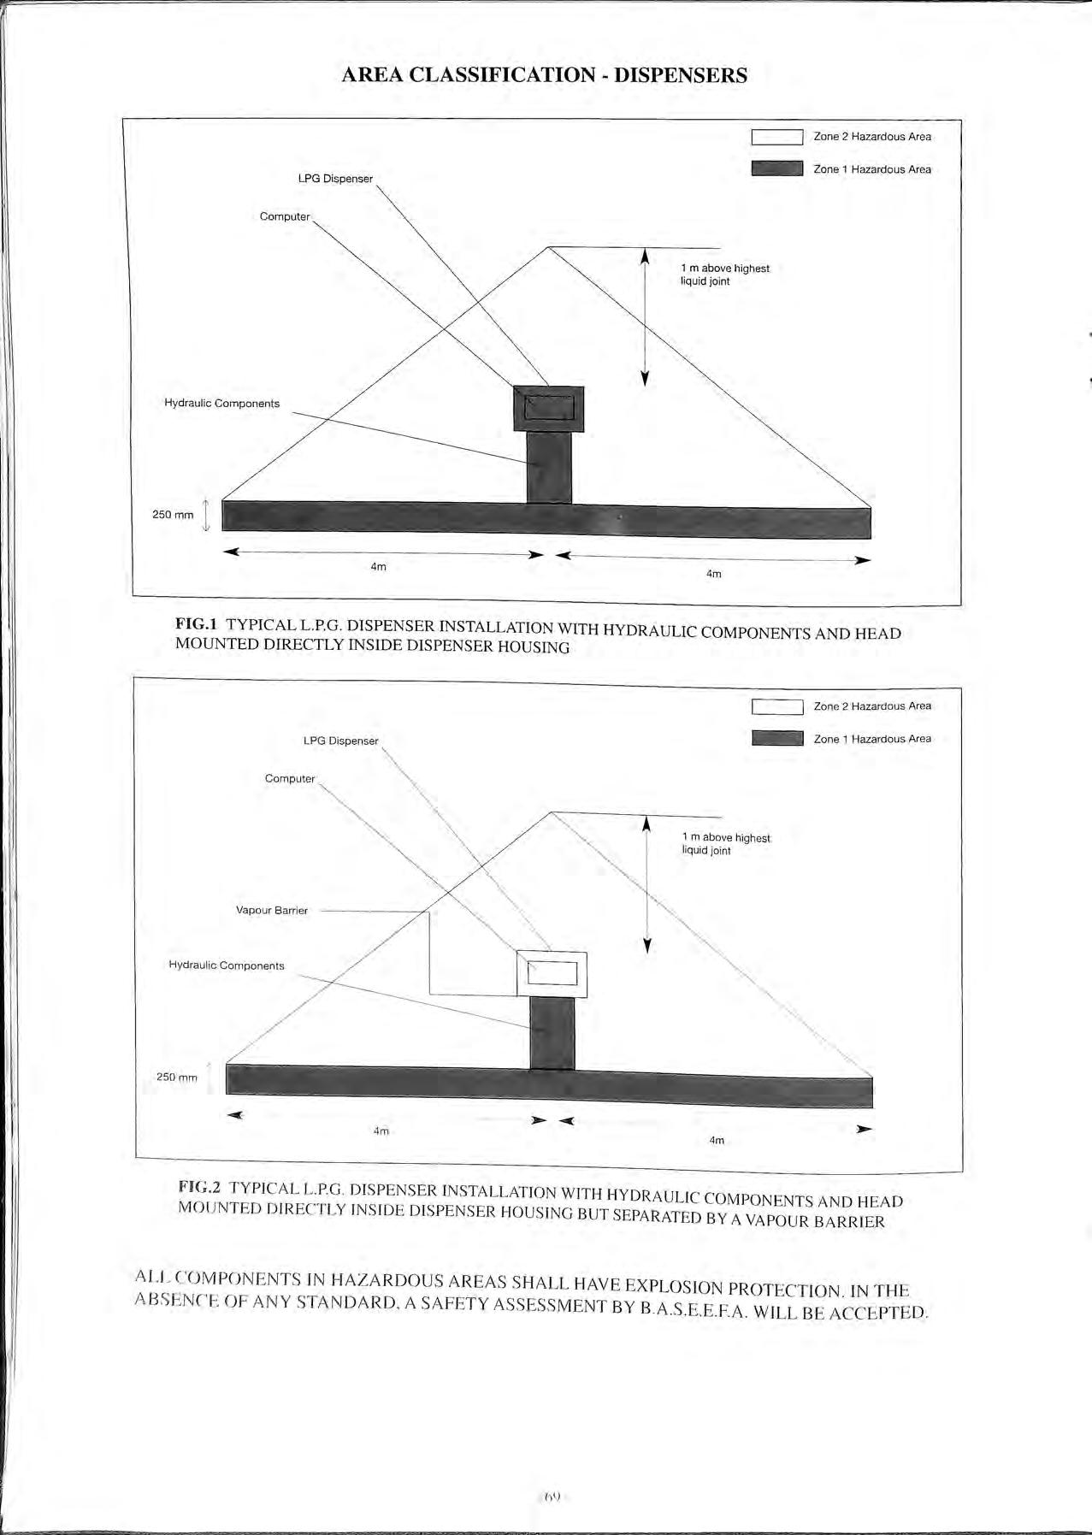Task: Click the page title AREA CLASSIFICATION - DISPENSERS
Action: [x=544, y=75]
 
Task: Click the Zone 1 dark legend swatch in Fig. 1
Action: [x=776, y=168]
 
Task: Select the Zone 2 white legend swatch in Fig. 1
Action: [x=776, y=137]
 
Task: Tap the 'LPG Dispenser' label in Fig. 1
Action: [x=335, y=179]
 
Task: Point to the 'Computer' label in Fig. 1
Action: [x=285, y=216]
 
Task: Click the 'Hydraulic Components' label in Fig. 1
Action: [x=221, y=404]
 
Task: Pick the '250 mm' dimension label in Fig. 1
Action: [x=173, y=515]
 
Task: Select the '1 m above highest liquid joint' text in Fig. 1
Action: [x=724, y=275]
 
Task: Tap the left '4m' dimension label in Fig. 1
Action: [x=378, y=567]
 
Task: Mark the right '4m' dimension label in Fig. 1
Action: [x=713, y=574]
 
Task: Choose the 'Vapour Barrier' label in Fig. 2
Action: [x=271, y=911]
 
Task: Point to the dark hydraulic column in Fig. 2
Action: [x=552, y=1033]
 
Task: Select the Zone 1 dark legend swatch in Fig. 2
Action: [x=777, y=738]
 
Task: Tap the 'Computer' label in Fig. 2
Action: [x=290, y=779]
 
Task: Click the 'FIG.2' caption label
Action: [x=200, y=1187]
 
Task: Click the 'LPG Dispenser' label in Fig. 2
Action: [x=340, y=741]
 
